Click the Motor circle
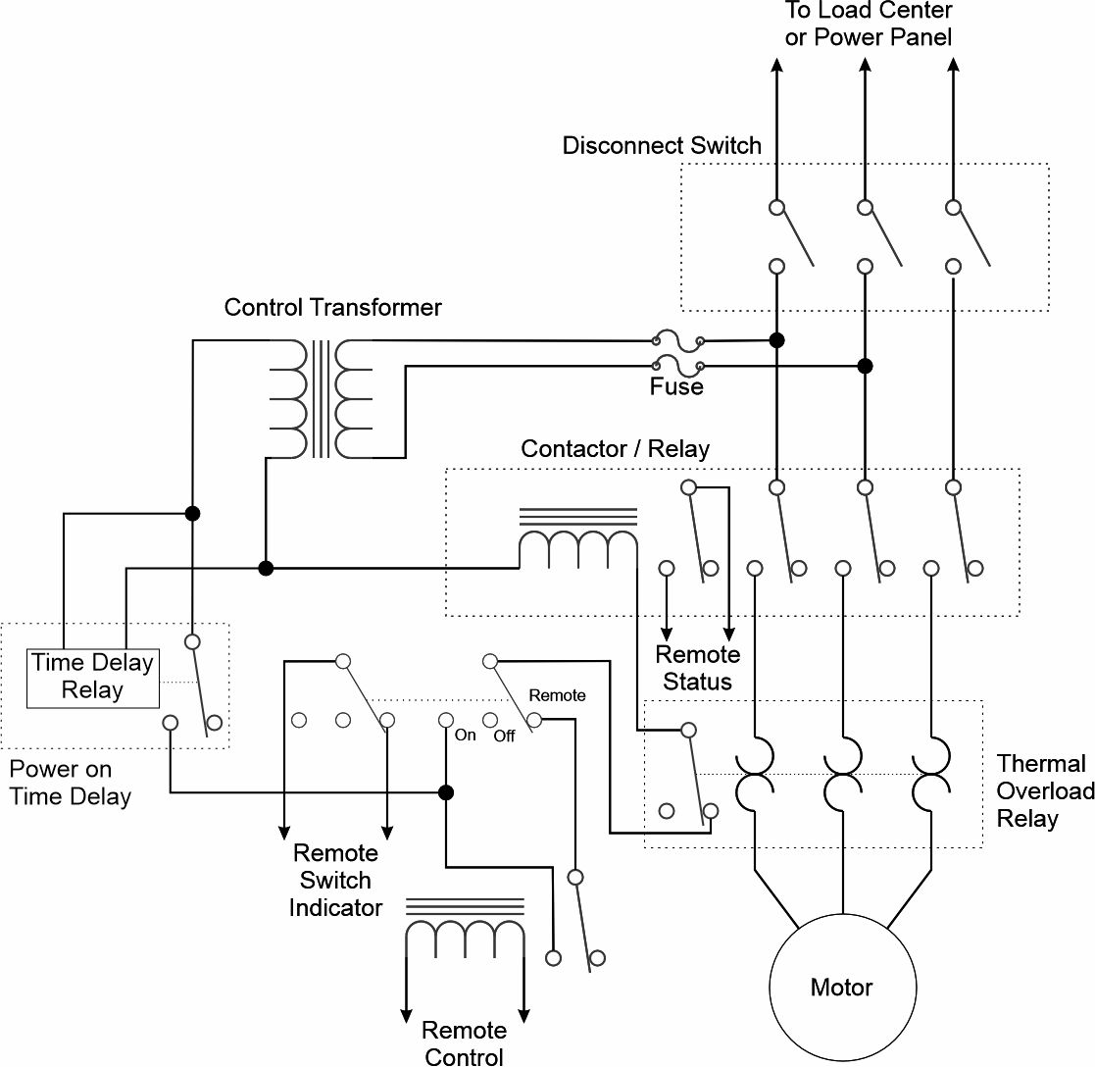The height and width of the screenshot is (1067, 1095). coord(842,916)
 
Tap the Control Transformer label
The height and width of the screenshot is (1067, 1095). coord(332,308)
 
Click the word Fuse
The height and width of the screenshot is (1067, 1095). coord(676,386)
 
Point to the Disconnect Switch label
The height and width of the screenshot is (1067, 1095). coord(662,145)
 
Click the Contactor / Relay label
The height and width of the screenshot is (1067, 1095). coord(615,448)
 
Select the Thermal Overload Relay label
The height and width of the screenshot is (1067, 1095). coord(1045,790)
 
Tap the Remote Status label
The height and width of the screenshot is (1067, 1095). coord(698,668)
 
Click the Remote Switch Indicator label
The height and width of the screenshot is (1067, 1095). coord(335,880)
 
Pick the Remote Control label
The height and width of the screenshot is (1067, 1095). coord(465,1042)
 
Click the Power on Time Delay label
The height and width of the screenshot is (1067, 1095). coord(70,783)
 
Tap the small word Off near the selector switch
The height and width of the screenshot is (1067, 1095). coord(504,736)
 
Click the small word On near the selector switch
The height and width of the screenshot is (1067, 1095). coord(465,736)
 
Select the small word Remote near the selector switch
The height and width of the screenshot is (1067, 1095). coord(557,695)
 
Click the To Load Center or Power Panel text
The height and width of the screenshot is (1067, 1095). coord(868,24)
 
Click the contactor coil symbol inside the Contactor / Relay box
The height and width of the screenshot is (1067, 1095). coord(578,533)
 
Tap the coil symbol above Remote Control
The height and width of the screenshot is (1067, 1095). coord(465,923)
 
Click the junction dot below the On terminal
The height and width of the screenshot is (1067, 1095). coord(445,792)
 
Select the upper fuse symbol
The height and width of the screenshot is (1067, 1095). coord(677,341)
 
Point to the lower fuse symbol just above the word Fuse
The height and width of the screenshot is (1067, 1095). coord(677,366)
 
